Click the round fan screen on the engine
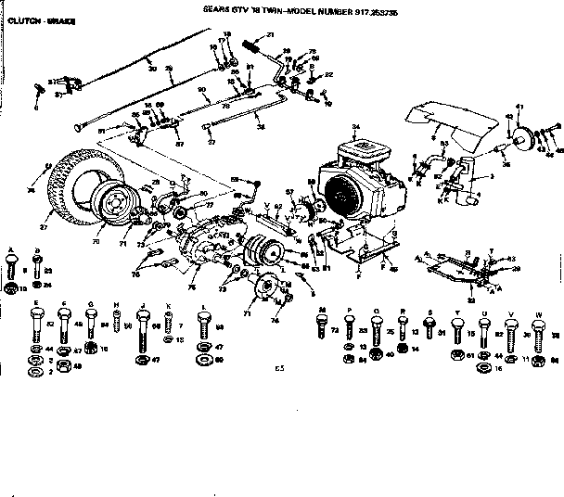pyautogui.click(x=342, y=198)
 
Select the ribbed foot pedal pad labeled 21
pyautogui.click(x=248, y=44)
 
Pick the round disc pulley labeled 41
pyautogui.click(x=530, y=141)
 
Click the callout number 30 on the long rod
pyautogui.click(x=152, y=68)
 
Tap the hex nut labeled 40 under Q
pyautogui.click(x=377, y=354)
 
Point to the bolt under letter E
pyautogui.click(x=34, y=325)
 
